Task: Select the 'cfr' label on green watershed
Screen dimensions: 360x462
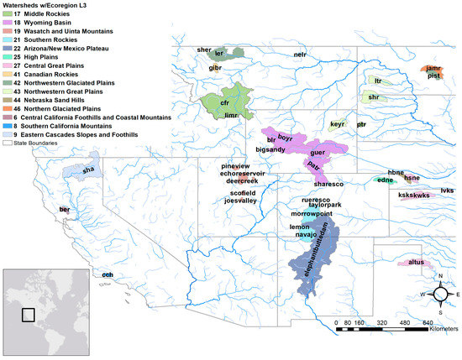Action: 224,102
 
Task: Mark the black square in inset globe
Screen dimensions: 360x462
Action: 28,316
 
